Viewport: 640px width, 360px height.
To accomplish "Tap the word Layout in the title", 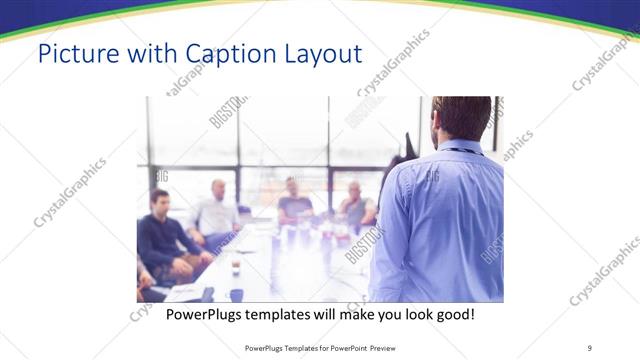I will point(319,52).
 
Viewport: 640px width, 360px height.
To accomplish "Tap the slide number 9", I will point(589,347).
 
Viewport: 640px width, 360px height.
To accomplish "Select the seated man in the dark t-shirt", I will point(294,200).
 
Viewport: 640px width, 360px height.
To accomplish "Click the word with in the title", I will point(147,52).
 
